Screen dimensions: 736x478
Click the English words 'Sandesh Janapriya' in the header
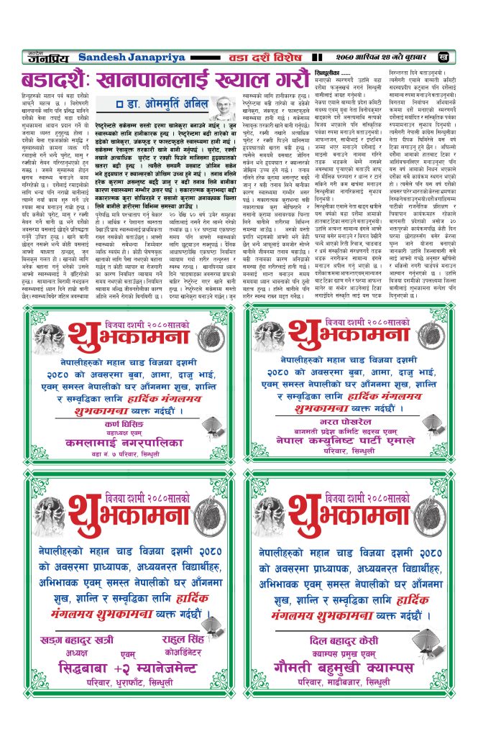(124, 56)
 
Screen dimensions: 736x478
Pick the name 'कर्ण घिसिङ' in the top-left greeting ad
(119, 424)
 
